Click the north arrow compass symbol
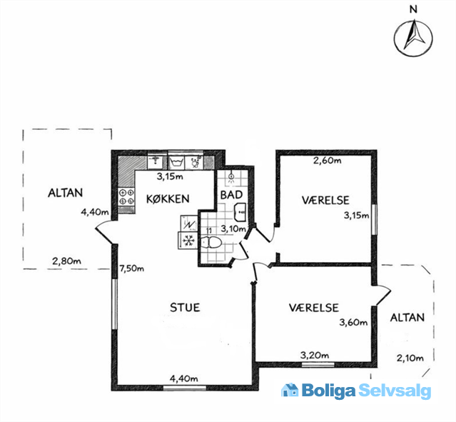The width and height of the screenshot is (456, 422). (413, 38)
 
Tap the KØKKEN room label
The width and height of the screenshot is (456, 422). (168, 199)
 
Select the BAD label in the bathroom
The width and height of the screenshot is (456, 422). (231, 195)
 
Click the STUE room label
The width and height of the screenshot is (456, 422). (185, 308)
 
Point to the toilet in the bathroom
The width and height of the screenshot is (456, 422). (211, 242)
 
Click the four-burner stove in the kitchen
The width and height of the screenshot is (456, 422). (126, 196)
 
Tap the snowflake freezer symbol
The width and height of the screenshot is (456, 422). (188, 241)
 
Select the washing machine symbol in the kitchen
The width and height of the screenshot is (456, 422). (176, 162)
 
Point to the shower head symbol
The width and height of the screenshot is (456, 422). (231, 177)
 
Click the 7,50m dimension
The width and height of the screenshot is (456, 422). (132, 268)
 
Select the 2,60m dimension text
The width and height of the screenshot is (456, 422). (327, 161)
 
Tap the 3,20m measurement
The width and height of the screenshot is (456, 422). (315, 355)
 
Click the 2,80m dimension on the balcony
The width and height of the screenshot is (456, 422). (66, 261)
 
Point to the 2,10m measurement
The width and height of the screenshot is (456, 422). (410, 358)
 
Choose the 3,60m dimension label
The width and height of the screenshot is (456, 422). (353, 322)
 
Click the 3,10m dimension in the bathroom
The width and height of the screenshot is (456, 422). (233, 228)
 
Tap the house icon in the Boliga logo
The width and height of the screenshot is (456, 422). (290, 390)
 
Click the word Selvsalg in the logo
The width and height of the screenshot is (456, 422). (395, 391)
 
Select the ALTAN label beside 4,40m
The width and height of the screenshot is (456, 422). (65, 193)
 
